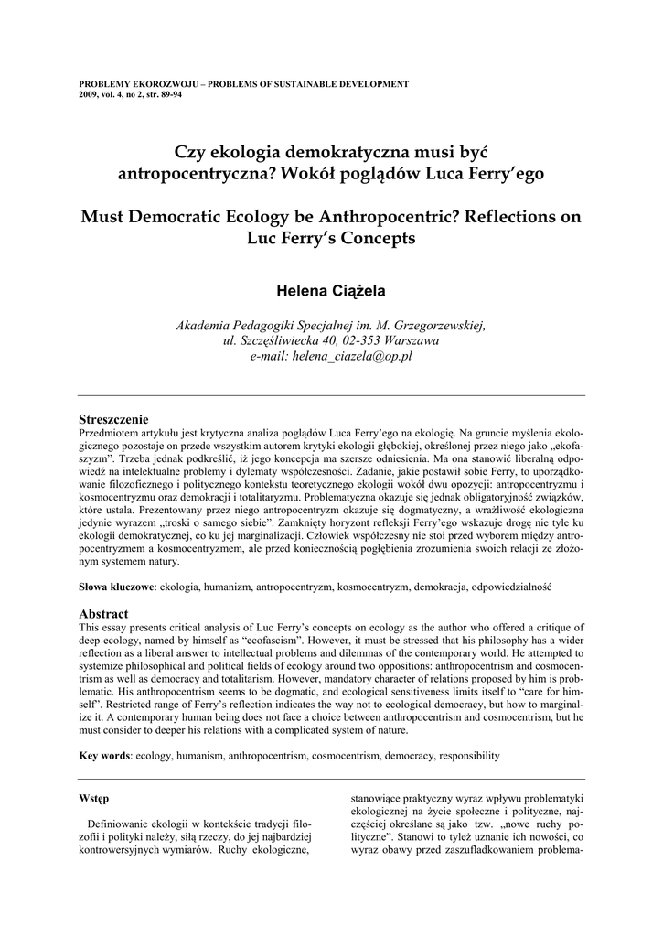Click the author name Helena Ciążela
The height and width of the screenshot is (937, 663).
331,291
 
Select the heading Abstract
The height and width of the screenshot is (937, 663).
104,613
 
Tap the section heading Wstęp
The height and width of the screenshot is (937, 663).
95,799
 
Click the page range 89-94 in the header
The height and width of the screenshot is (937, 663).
167,94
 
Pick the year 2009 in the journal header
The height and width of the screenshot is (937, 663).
90,94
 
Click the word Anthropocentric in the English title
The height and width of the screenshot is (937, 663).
387,218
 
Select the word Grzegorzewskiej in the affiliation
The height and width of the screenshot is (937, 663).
436,325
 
